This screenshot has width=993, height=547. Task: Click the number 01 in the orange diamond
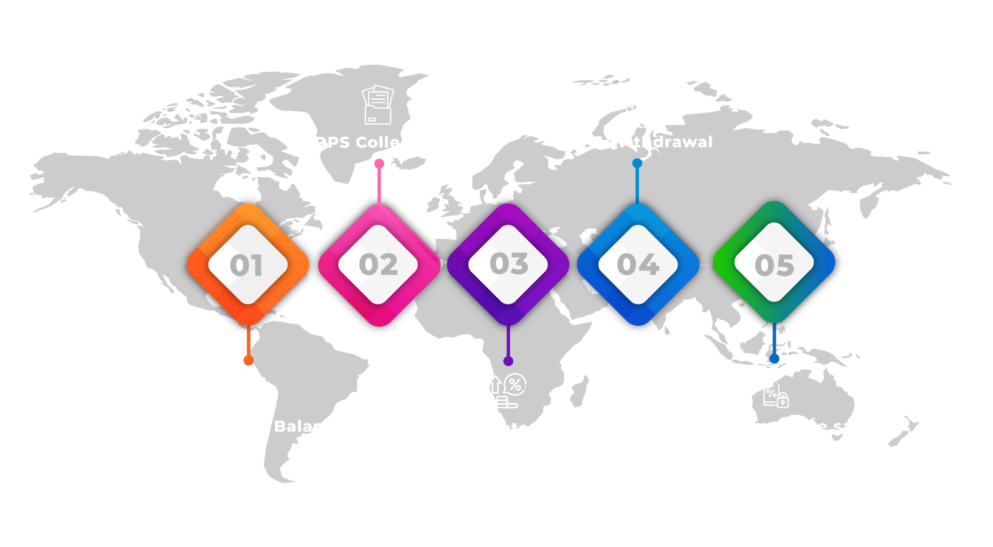[247, 266]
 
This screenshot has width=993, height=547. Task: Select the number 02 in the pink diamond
[378, 265]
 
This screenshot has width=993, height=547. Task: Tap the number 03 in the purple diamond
[509, 264]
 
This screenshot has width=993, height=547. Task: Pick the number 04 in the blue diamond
[638, 265]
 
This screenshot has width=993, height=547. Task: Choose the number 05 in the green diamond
[774, 265]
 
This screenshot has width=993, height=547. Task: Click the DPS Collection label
[379, 142]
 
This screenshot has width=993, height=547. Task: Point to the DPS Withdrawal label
[640, 142]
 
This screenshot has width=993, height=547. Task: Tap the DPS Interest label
[508, 428]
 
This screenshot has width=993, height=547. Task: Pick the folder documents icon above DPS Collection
[378, 105]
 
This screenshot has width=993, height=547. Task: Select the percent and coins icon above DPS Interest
[506, 391]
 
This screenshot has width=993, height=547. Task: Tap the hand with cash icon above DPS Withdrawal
[638, 104]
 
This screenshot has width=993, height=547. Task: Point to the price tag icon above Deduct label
[775, 392]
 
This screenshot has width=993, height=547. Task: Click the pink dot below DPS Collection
[379, 163]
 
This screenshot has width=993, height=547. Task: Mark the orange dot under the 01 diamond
[248, 360]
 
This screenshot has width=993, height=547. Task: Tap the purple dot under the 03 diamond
[508, 361]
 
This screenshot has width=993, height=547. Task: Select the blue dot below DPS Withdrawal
[637, 163]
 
